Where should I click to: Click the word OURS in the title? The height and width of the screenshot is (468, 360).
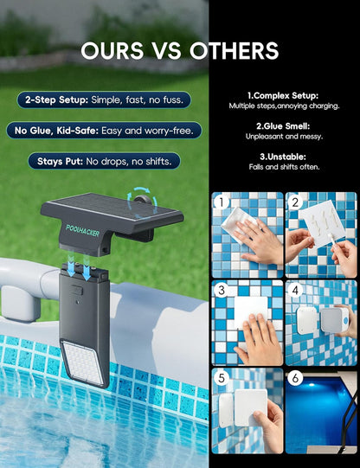click(116, 51)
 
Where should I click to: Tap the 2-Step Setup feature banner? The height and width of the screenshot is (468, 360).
click(103, 99)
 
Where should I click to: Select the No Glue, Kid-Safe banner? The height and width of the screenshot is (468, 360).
click(103, 131)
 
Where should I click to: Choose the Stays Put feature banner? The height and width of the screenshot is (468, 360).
click(103, 161)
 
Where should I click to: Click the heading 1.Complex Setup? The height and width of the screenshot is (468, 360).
click(282, 95)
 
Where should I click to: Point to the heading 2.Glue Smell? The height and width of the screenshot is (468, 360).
click(282, 125)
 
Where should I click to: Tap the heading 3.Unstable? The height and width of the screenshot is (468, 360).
click(282, 156)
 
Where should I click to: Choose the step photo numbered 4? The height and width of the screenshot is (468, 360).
click(320, 322)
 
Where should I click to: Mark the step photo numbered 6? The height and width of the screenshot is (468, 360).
click(320, 411)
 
